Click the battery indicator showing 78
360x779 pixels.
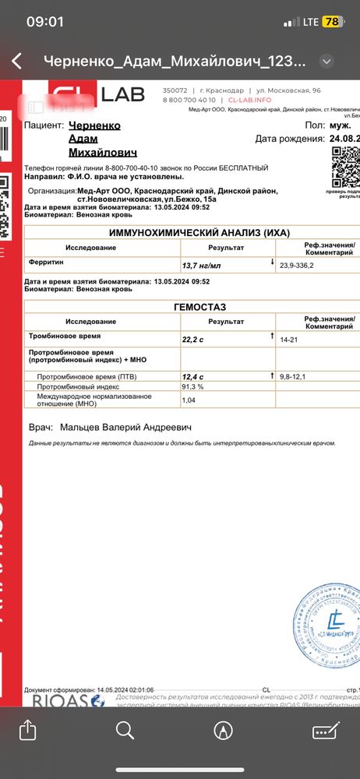(x=332, y=22)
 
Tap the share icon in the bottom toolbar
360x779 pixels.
(x=27, y=730)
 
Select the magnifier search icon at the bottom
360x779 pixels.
(x=125, y=730)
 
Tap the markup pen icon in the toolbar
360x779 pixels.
(x=224, y=730)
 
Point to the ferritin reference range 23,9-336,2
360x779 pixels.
(x=302, y=265)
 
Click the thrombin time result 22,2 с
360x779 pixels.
(x=196, y=340)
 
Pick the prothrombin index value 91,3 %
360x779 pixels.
(x=192, y=386)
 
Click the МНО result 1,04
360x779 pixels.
(x=189, y=400)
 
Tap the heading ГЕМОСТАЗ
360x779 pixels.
(x=192, y=307)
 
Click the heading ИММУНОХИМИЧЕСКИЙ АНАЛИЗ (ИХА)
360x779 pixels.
(x=192, y=232)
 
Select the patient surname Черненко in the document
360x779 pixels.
(x=95, y=125)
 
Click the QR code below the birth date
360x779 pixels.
(x=345, y=166)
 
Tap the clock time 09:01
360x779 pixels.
(x=44, y=22)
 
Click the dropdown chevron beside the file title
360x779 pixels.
(x=327, y=62)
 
